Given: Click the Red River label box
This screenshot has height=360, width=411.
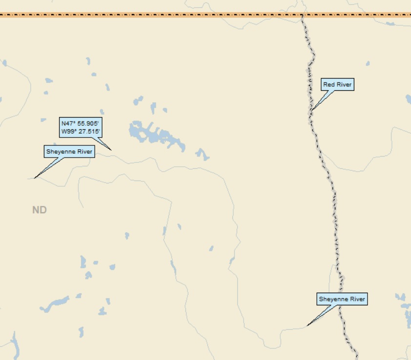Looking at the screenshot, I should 337,84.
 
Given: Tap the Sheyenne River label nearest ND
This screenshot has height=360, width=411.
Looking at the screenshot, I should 69,152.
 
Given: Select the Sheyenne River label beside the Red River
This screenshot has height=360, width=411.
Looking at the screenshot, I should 342,299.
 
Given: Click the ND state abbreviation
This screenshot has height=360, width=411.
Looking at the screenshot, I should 40,210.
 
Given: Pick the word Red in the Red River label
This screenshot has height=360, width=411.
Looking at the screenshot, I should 329,84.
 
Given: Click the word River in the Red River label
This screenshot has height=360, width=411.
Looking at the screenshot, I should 344,84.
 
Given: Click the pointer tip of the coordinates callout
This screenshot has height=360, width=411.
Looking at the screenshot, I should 111,149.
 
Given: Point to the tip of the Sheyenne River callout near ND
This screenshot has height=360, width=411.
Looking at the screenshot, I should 35,178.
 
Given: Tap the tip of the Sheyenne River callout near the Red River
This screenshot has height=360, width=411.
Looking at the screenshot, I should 307,325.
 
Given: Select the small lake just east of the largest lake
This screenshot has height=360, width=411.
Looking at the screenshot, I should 202,155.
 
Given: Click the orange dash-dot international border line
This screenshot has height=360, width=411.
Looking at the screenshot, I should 146,15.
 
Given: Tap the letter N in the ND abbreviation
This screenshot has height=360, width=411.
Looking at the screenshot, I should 36,210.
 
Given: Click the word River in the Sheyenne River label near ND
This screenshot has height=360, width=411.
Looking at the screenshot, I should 84,152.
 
